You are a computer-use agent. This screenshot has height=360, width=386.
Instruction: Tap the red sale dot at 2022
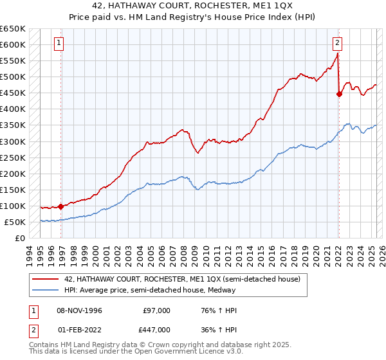339,94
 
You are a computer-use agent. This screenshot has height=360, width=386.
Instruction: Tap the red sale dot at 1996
61,207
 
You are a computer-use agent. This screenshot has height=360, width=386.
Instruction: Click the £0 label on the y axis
20,238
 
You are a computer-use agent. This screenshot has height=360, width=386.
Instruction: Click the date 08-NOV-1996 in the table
80,310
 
